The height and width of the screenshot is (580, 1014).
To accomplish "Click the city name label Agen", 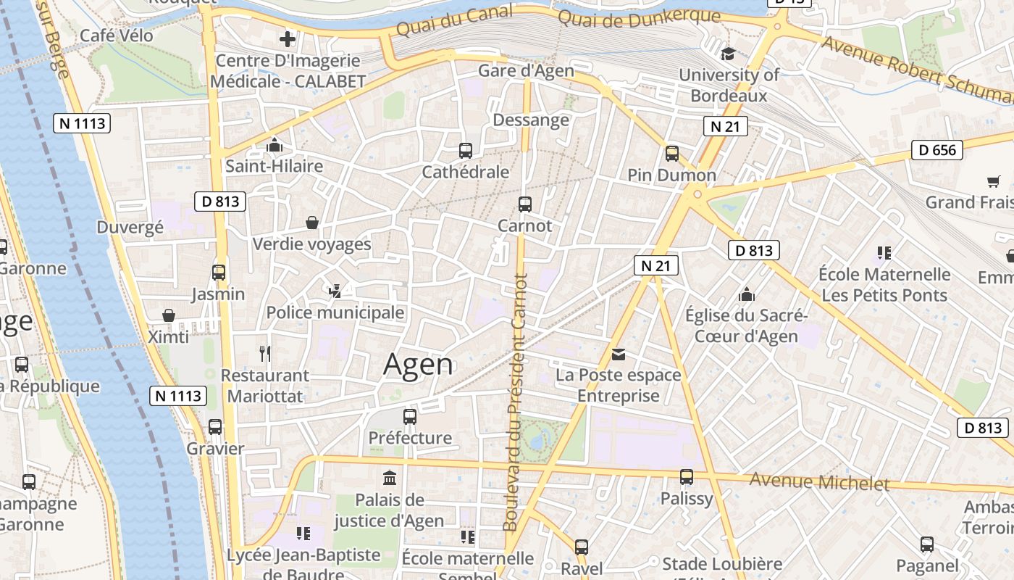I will [418, 365].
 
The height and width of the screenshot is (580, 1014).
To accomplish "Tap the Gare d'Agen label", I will [526, 70].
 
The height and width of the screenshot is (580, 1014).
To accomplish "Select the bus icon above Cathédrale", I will [466, 151].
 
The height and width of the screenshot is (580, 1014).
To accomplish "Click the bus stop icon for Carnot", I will [525, 204].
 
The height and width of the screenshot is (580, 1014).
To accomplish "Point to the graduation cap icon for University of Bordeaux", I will [728, 54].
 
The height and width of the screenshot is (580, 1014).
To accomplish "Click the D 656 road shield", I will [937, 150].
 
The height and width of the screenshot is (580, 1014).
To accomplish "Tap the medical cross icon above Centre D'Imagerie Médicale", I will [288, 39].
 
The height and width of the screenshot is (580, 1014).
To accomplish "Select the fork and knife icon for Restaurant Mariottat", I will [265, 354].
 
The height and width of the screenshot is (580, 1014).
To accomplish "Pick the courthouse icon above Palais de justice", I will [390, 478].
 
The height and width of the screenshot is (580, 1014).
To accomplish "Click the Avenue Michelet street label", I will [819, 481].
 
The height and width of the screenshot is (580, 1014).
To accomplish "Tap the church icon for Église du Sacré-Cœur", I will [746, 294].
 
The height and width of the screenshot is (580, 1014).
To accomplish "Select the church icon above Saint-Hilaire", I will [274, 145].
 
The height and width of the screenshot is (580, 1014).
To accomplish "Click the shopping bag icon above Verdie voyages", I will [312, 222].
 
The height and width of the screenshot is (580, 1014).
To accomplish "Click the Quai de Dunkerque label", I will [640, 17].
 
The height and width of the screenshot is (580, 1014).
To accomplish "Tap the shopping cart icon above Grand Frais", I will [993, 181].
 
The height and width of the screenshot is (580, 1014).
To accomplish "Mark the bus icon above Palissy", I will [687, 477].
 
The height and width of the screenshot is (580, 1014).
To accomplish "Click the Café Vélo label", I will [116, 36].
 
